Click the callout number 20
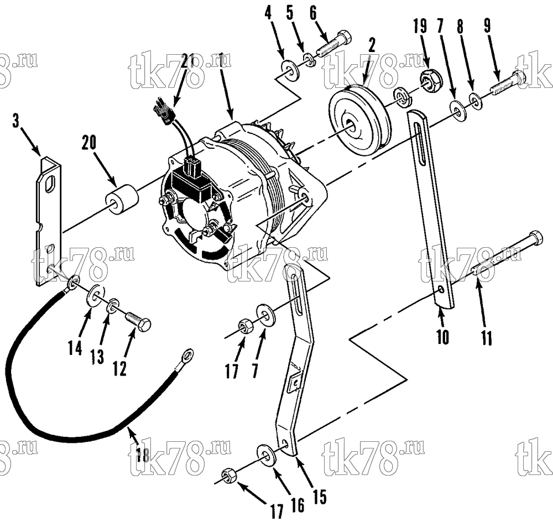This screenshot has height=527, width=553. click(89, 143)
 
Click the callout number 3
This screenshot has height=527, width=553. click(15, 121)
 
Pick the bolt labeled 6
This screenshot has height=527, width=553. click(333, 45)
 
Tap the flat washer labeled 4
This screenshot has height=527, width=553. click(290, 70)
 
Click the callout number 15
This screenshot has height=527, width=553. click(319, 497)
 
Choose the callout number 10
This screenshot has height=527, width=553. click(443, 337)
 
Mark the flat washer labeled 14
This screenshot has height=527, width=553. click(95, 294)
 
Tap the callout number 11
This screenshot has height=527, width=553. click(487, 337)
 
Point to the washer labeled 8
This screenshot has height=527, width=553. click(477, 101)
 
